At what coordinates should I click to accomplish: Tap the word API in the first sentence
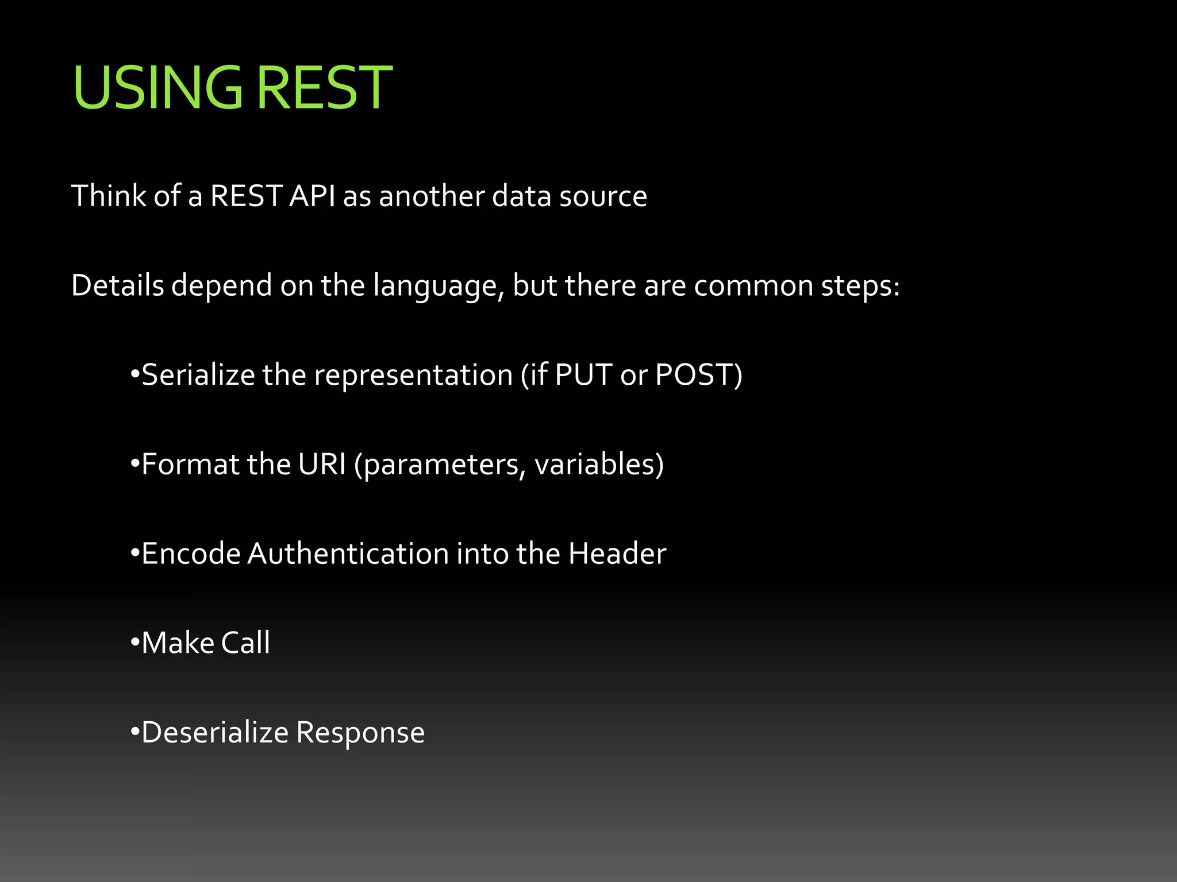[312, 196]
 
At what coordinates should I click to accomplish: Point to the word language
[438, 287]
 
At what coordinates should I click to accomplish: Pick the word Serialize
[198, 375]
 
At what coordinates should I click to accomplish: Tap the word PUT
[583, 375]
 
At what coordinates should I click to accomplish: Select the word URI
[322, 464]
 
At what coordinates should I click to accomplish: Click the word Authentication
[348, 554]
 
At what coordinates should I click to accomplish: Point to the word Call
[245, 643]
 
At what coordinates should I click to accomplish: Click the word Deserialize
[215, 732]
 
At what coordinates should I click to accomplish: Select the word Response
[360, 733]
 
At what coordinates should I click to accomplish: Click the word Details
[117, 285]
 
